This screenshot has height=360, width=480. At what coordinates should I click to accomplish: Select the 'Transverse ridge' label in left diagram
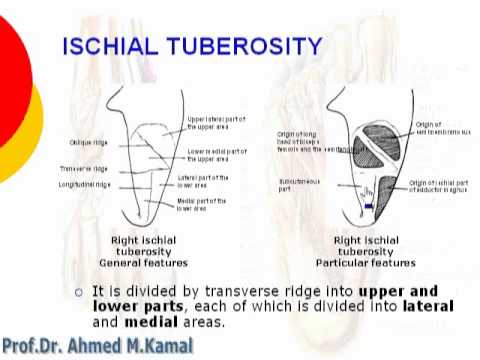[x=83, y=169]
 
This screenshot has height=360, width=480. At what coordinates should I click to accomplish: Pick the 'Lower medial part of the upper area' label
[x=218, y=154]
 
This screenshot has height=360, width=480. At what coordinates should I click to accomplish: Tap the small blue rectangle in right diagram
[x=369, y=206]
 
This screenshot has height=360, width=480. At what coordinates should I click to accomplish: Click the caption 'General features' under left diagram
[x=136, y=262]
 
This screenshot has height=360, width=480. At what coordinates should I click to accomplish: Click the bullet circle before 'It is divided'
[x=80, y=292]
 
